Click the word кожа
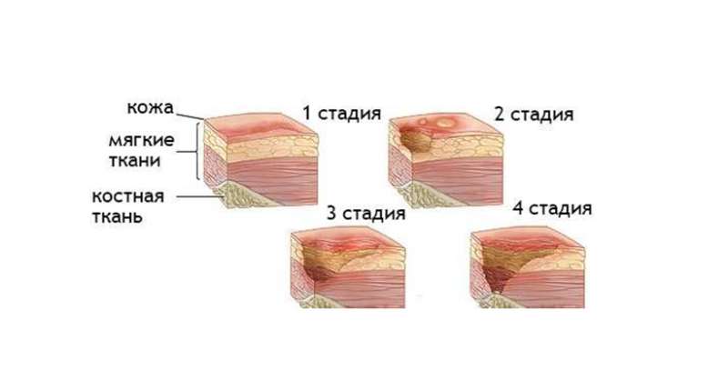[150, 107]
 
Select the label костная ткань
[128, 206]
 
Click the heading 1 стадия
[342, 113]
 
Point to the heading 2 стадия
[533, 114]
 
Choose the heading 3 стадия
[366, 214]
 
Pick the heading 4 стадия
[552, 208]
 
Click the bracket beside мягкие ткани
[198, 151]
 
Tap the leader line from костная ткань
[199, 196]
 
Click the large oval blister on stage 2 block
[446, 123]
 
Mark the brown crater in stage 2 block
[415, 142]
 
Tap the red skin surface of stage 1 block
[261, 125]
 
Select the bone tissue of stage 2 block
[423, 195]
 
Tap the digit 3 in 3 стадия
[331, 214]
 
